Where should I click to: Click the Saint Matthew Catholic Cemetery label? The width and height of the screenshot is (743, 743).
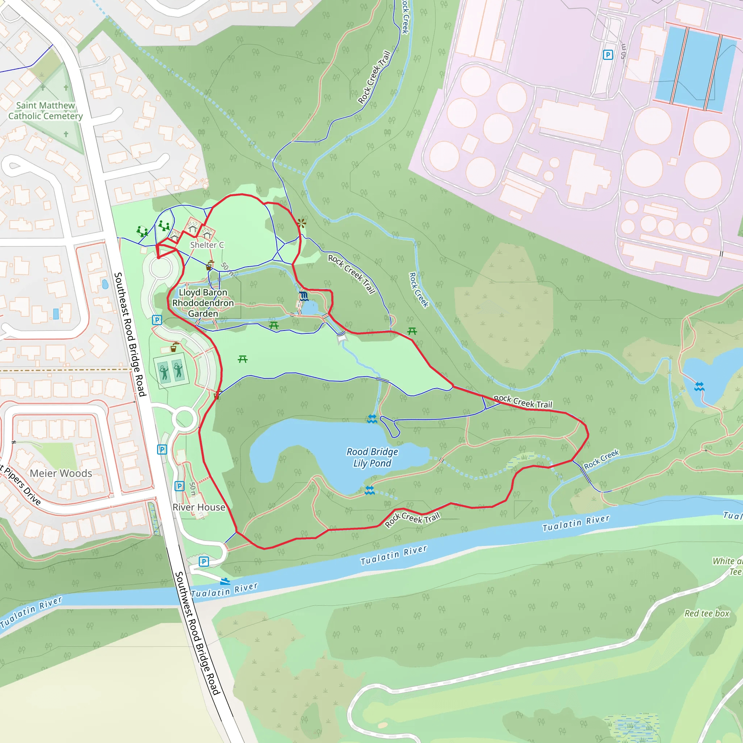coord(45,111)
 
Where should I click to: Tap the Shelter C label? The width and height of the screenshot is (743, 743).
coord(207,245)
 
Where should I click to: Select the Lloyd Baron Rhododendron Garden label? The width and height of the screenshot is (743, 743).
coord(203,303)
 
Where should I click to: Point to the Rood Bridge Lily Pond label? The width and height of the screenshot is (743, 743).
coord(372,457)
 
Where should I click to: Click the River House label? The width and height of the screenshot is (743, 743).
coord(198,507)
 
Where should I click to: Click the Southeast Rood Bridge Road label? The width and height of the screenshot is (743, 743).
coord(130,334)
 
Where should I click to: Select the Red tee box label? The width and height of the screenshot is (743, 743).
coord(706,613)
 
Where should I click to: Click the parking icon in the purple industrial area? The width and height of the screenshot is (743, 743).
coord(608,55)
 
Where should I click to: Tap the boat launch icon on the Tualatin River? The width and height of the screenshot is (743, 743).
coord(225,581)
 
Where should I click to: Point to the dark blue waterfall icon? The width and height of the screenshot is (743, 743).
coord(304,296)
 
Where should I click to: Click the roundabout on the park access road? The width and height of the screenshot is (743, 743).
coord(185,418)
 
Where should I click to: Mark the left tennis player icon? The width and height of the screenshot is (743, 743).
coord(164,372)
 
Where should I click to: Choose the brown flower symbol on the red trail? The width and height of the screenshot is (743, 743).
coord(302,223)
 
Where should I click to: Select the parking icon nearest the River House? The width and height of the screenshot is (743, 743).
coord(179,486)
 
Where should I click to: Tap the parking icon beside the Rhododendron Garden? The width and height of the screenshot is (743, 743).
coord(157,320)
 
